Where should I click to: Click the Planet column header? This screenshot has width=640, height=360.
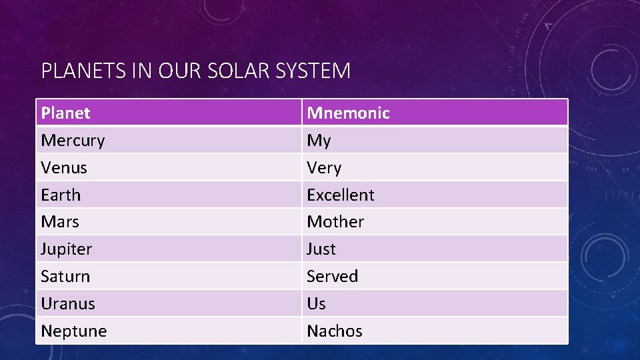[x=65, y=113]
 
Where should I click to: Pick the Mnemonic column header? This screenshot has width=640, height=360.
[x=348, y=113]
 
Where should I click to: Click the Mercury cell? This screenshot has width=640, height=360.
[x=73, y=141]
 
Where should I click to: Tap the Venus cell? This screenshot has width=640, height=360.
[x=64, y=168]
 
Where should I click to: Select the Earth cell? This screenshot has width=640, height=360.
[x=61, y=195]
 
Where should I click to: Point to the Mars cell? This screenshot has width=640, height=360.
[x=60, y=221]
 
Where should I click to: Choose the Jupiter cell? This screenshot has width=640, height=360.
[x=67, y=249]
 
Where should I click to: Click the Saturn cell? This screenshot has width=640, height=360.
[x=65, y=276]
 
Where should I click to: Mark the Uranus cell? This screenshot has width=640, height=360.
[x=68, y=303]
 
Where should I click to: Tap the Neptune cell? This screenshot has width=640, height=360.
[x=74, y=331]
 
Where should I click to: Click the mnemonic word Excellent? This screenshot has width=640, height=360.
[x=341, y=195]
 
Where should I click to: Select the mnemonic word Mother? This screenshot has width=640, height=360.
[x=335, y=221]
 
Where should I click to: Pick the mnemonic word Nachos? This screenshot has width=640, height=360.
[x=335, y=331]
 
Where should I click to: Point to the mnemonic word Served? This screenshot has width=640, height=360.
[x=332, y=276]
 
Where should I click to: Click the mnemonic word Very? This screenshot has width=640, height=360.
[x=324, y=168]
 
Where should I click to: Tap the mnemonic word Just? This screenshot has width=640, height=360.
[x=321, y=249]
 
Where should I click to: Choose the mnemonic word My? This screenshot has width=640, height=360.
[x=319, y=141]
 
